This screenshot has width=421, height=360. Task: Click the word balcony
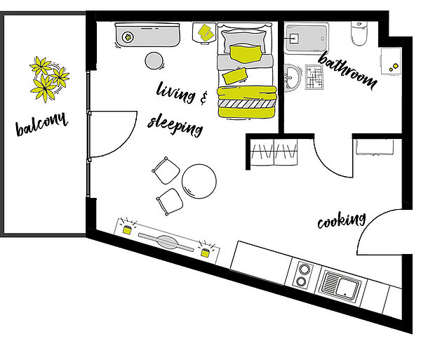tap(41, 124)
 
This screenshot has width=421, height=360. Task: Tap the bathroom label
tap(347, 70)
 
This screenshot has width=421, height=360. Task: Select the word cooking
tap(342, 220)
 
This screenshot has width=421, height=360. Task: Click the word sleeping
tap(175, 125)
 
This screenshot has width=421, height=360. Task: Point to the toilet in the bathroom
tap(359, 33)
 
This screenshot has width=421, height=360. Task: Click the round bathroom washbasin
tap(292, 77)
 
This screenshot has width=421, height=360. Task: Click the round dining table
tap(199, 181)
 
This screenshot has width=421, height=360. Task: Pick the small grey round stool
tap(154, 60)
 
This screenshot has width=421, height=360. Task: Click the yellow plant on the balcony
tap(49, 79)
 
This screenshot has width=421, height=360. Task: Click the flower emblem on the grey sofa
tap(128, 37)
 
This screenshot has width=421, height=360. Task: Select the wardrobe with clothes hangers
tap(274, 152)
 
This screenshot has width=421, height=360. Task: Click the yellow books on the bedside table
tap(206, 33)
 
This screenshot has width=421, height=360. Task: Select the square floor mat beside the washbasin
tap(314, 77)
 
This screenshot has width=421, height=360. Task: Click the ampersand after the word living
tap(203, 98)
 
